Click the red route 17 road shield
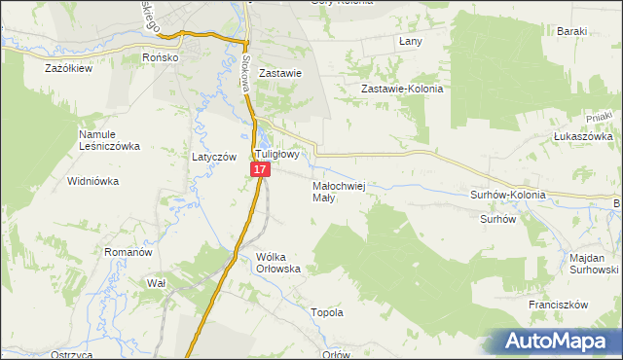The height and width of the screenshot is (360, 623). pyautogui.click(x=260, y=169)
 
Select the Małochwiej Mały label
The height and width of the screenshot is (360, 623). pyautogui.click(x=339, y=191)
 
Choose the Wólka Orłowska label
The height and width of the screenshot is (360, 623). pyautogui.click(x=280, y=263)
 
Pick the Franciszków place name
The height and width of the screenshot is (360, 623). pyautogui.click(x=560, y=305)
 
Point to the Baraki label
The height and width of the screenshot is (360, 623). pyautogui.click(x=572, y=31)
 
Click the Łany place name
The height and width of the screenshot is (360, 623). pyautogui.click(x=411, y=42)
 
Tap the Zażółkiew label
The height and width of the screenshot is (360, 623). pyautogui.click(x=69, y=69)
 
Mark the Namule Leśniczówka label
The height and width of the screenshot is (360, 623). pyautogui.click(x=109, y=140)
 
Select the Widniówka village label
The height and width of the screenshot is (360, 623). pyautogui.click(x=92, y=181)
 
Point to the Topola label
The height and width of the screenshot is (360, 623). pyautogui.click(x=326, y=313)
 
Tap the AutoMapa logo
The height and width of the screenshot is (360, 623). pyautogui.click(x=562, y=342)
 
